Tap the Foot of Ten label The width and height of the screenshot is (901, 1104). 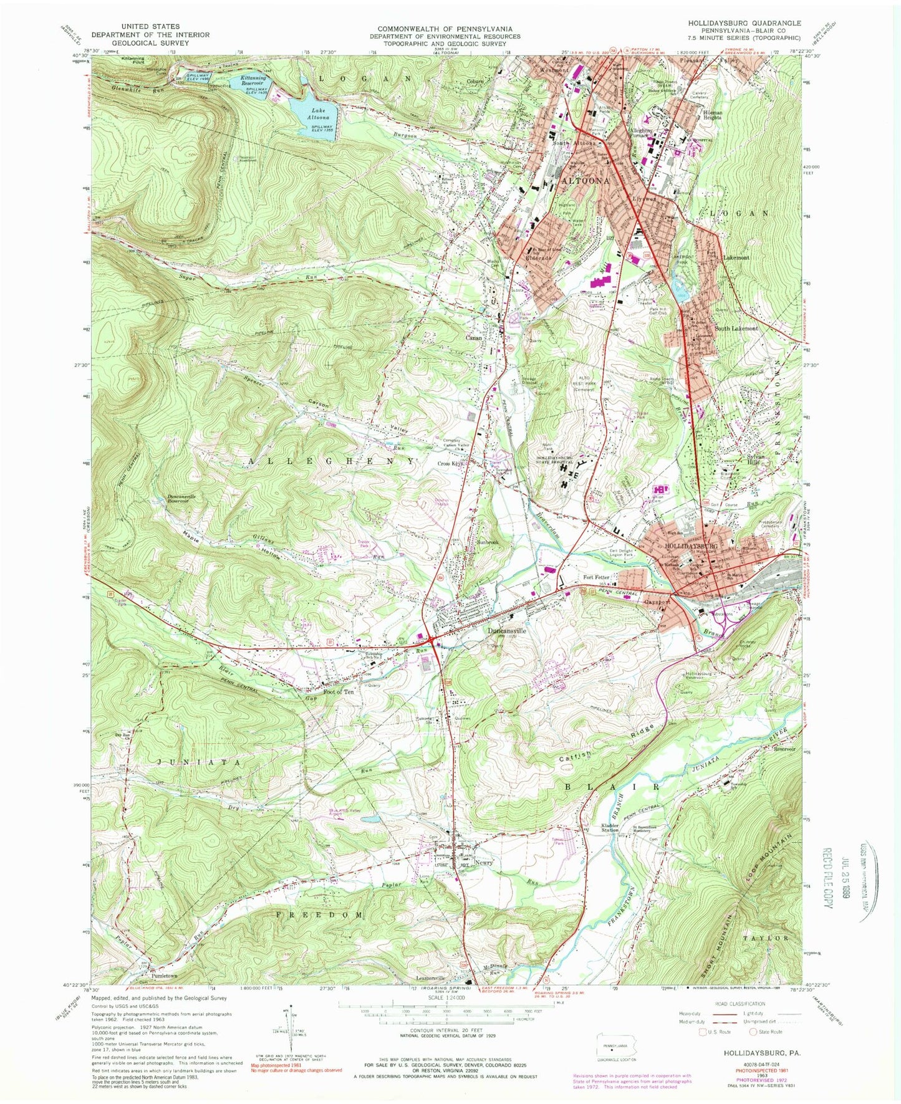(x=339, y=692)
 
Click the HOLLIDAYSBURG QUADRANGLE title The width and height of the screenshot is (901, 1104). (x=744, y=40)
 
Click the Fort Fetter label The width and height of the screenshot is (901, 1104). (x=597, y=577)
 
